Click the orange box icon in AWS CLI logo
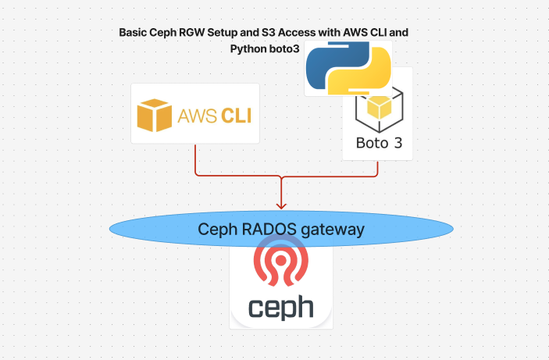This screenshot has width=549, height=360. pos(154,115)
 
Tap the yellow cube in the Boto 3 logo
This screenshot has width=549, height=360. pos(379,107)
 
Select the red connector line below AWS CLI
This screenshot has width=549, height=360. pos(195,160)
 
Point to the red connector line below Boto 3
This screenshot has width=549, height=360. pos(378,168)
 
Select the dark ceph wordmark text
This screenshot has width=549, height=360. pos(281,306)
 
